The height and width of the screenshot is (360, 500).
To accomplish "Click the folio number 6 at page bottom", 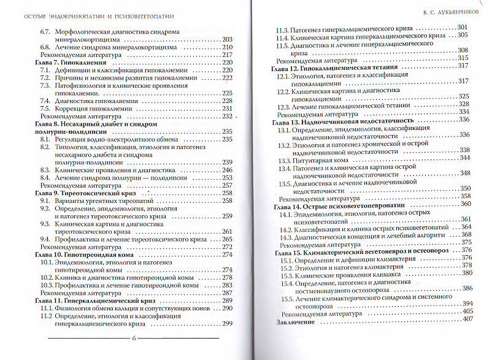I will pos(134,339).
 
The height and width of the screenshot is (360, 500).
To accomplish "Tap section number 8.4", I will pos(45,177).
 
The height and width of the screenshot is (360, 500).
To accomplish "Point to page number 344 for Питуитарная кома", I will pos(464,158).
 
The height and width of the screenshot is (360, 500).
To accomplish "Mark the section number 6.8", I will pos(45,47).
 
